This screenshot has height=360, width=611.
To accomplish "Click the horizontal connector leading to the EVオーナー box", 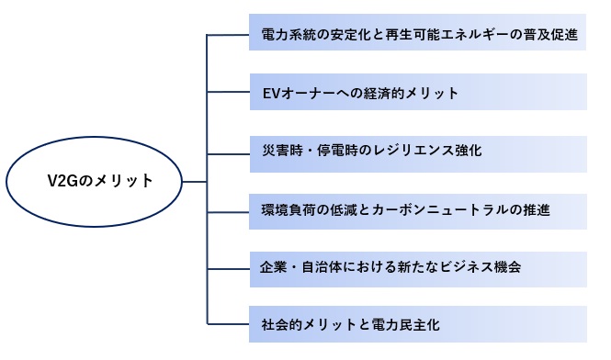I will tap(228, 92).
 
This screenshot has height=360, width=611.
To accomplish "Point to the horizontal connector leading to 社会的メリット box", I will tap(228, 324).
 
